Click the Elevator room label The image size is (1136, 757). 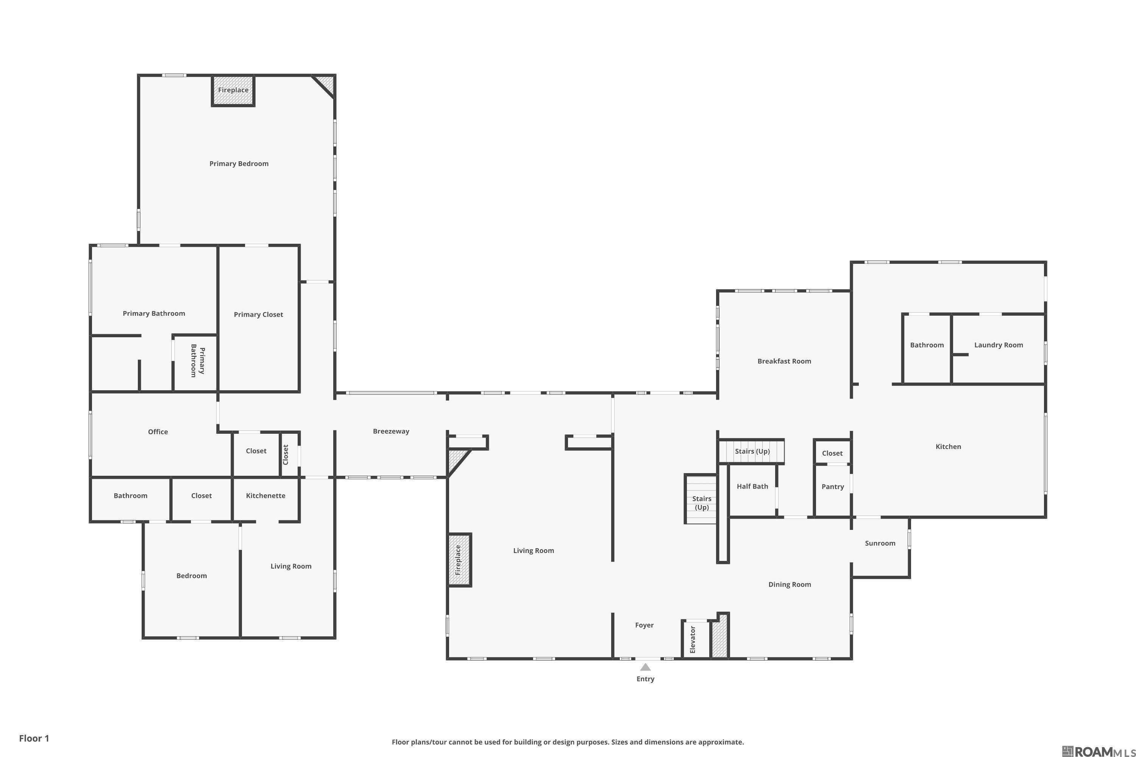[x=693, y=640]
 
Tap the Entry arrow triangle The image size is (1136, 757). [x=645, y=667]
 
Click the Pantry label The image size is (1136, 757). [x=833, y=487]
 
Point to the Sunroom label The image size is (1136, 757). [x=880, y=543]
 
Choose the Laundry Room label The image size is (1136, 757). [x=998, y=345]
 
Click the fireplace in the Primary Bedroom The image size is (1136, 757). [x=233, y=90]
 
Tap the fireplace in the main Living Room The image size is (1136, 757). [x=459, y=560]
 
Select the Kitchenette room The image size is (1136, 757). [x=266, y=496]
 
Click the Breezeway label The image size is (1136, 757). [x=391, y=431]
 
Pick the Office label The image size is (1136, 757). [x=158, y=431]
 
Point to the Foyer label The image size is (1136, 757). [x=644, y=625]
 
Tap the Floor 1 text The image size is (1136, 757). [x=34, y=738]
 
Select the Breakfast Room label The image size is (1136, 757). [x=784, y=361]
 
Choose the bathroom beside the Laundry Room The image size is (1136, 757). [x=926, y=345]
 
